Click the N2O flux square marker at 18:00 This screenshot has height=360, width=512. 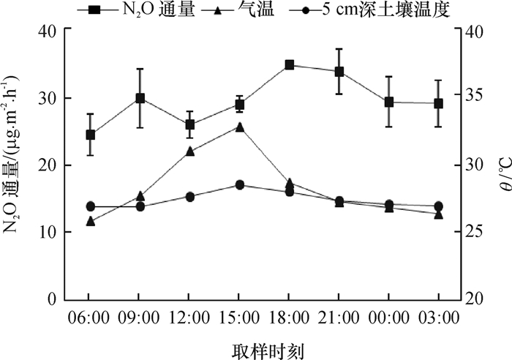point(289,65)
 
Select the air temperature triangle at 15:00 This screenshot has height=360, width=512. point(239,127)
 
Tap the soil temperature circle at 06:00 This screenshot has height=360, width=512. point(90,206)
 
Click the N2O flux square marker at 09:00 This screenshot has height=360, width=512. point(140,98)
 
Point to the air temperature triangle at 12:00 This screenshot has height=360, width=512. point(189,151)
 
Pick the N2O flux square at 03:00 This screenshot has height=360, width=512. point(438,104)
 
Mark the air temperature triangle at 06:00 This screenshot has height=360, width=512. point(90,221)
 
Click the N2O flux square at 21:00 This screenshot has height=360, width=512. point(339,72)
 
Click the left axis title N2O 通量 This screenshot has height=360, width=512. point(12,165)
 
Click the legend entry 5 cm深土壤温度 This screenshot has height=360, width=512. point(373,10)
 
